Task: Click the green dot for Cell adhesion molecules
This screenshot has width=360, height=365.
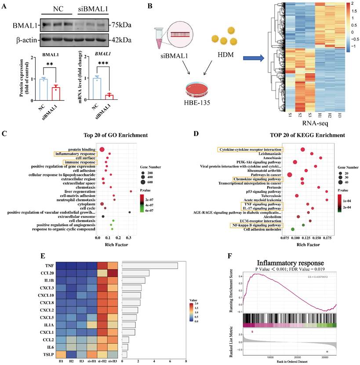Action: (293, 230)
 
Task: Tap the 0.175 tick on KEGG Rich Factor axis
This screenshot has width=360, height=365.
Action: (327, 238)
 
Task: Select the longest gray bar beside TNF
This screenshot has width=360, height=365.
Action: (149, 265)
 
